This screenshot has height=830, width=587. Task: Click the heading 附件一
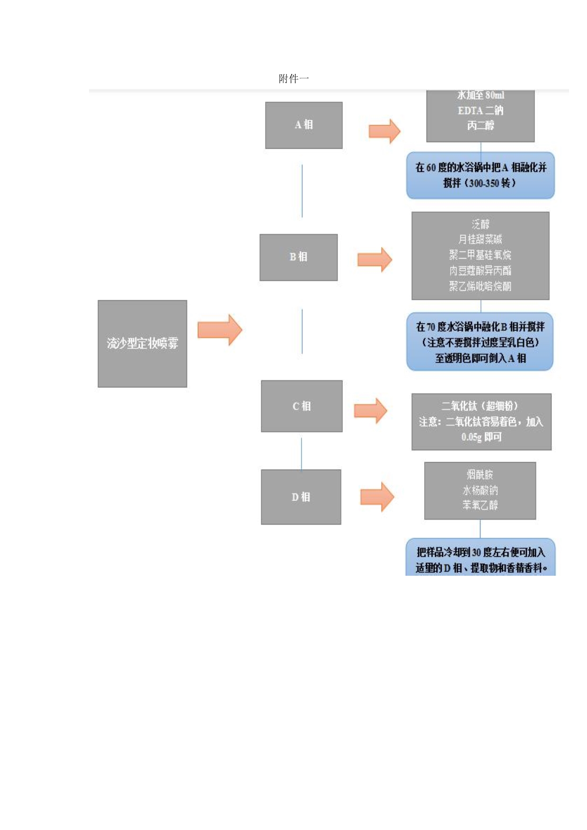point(293,79)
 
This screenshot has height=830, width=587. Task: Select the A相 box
point(303,125)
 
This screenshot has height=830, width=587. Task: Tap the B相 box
point(298,257)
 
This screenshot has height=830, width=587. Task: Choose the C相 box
point(302,406)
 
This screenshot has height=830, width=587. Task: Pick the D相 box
point(301,497)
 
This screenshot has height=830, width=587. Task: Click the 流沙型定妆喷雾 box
point(142,343)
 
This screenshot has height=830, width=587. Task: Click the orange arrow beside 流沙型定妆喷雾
point(220,330)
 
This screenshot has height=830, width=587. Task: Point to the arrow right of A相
point(384,131)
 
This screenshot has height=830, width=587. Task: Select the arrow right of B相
point(374,259)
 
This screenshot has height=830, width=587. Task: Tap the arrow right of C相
point(371,411)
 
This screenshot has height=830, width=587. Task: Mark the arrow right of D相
point(377,497)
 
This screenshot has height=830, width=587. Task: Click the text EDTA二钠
point(480,111)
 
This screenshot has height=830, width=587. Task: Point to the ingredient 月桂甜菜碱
point(480,240)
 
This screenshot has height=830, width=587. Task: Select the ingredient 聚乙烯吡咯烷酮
point(480,286)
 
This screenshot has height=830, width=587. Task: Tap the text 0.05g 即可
point(481,437)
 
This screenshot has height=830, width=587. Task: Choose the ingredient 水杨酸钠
point(480,490)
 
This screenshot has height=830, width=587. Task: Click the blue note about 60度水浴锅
point(480,175)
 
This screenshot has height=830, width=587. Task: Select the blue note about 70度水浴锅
point(480,342)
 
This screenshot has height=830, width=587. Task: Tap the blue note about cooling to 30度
point(480,559)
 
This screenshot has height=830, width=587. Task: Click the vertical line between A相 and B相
point(302,191)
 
